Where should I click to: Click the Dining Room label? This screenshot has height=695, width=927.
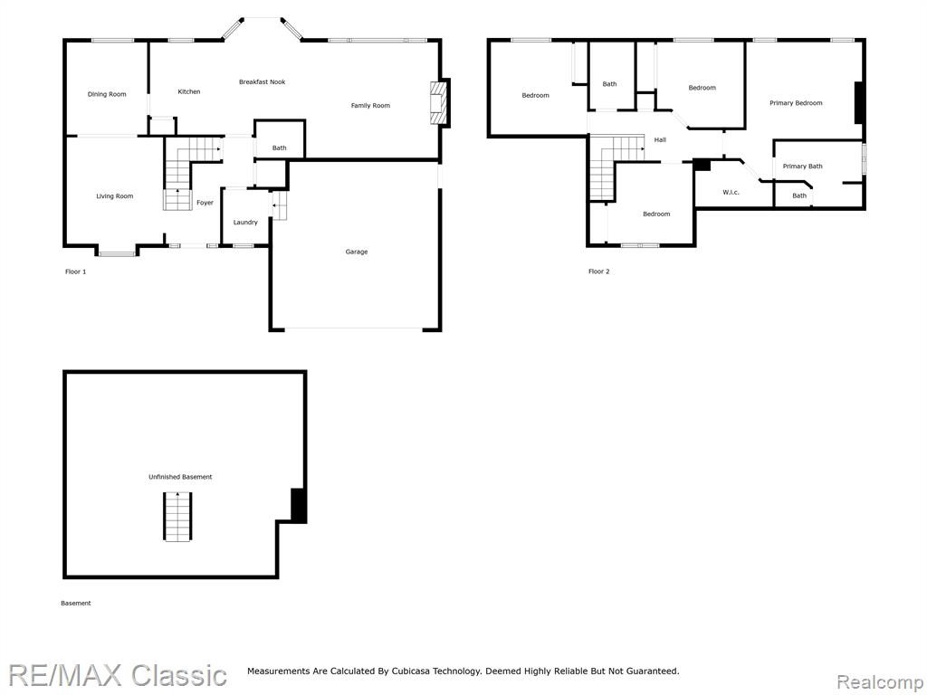click(x=107, y=94)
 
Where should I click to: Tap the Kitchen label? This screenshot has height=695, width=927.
click(x=189, y=92)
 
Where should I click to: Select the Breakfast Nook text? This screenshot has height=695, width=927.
click(x=262, y=82)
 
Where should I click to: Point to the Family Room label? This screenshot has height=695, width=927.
click(x=370, y=106)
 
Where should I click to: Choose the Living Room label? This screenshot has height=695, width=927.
click(x=115, y=196)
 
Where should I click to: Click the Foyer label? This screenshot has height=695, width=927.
click(x=205, y=203)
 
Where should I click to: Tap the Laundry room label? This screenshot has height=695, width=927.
click(x=245, y=223)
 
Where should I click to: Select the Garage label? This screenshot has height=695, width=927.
click(x=357, y=252)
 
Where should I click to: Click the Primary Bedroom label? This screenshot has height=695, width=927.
click(x=796, y=103)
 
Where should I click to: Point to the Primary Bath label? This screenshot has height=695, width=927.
click(x=802, y=167)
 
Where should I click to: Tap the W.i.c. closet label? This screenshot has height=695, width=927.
click(x=731, y=192)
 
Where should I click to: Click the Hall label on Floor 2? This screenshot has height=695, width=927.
click(x=660, y=140)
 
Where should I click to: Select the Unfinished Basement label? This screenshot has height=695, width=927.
click(x=180, y=477)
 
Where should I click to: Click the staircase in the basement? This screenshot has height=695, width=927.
click(x=178, y=516)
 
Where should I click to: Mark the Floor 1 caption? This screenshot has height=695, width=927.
click(x=76, y=271)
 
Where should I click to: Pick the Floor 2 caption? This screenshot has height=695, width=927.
click(x=599, y=271)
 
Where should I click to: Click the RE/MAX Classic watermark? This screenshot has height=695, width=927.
click(x=117, y=675)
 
